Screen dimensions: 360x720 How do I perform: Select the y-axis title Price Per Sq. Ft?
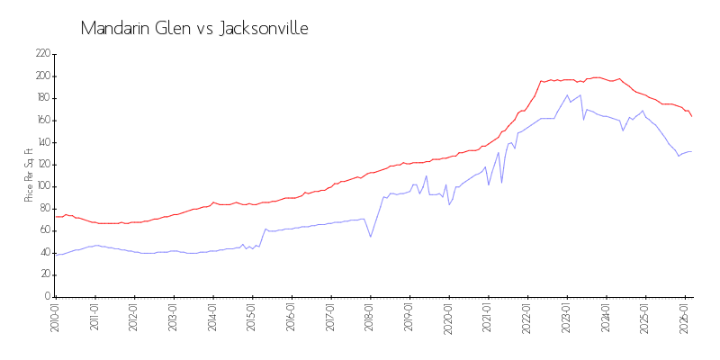tap(29, 175)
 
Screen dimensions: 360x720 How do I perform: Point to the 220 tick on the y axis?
tap(42, 54)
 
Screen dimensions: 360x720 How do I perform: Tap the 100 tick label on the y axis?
tap(42, 186)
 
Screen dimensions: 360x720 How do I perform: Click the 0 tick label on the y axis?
tap(47, 297)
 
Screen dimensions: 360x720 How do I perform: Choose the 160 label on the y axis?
tap(42, 121)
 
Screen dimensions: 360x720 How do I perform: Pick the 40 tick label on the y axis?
tap(44, 253)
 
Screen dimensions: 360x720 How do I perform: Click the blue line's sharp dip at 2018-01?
tap(371, 237)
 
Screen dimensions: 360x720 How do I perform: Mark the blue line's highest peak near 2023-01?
tap(568, 95)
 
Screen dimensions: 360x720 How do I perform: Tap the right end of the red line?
tap(691, 116)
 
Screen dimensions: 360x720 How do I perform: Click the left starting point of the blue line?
tap(56, 254)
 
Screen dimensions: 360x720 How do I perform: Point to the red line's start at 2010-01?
tap(56, 217)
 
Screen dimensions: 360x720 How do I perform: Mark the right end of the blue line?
tap(691, 151)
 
